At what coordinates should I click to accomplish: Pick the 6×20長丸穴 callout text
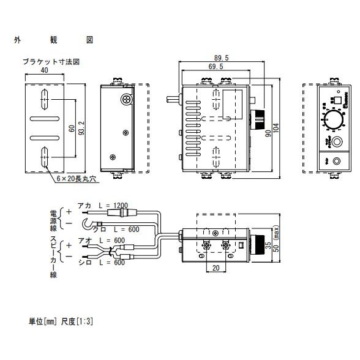click(x=77, y=179)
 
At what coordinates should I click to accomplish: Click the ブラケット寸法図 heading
click(x=51, y=62)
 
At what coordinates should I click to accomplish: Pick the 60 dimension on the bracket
click(x=71, y=129)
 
